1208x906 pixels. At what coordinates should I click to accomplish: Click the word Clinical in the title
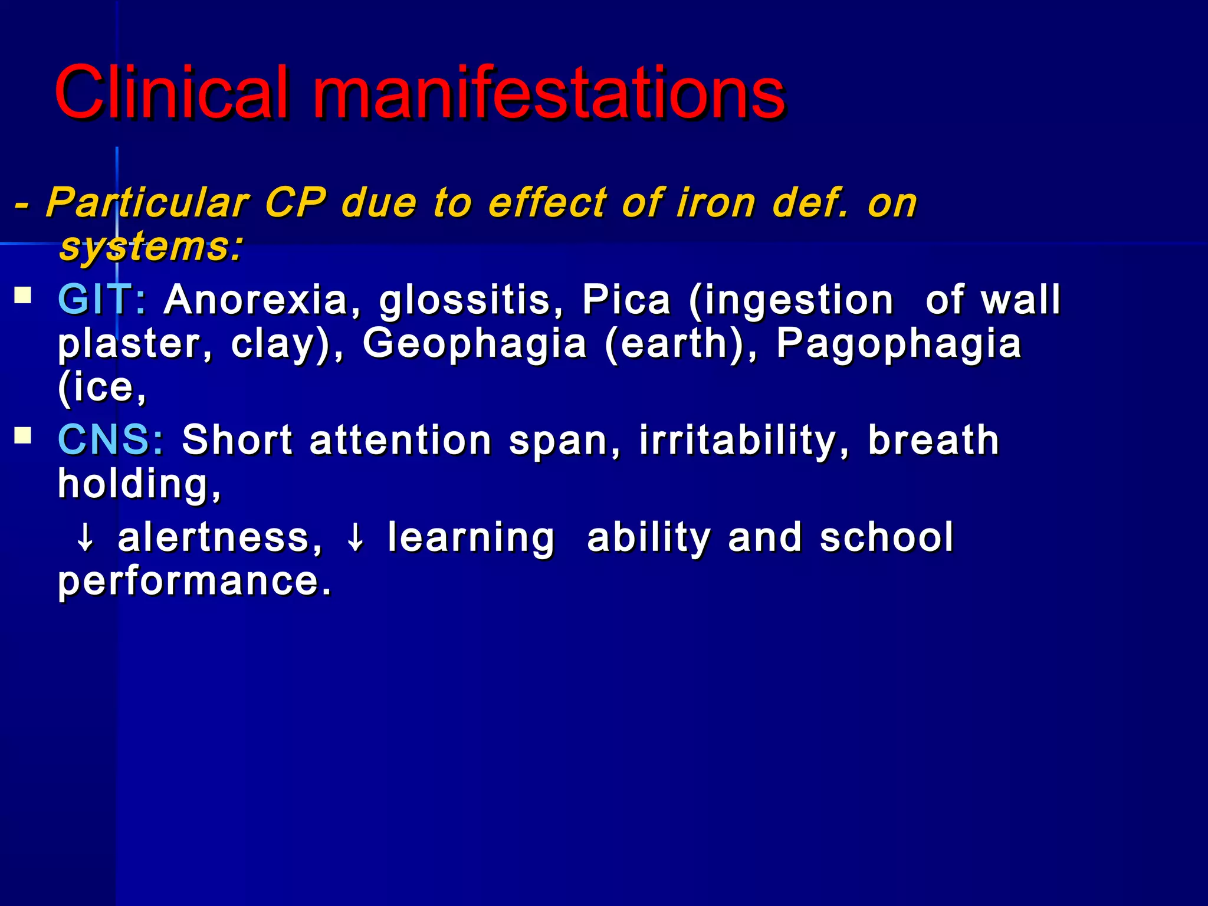pos(172,93)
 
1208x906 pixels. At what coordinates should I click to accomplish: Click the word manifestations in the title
pos(549,93)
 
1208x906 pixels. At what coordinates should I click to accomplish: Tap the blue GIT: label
pos(102,300)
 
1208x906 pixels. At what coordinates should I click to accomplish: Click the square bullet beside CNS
pos(23,435)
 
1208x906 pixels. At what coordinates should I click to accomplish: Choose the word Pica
pos(626,300)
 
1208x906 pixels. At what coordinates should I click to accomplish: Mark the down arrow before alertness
pos(86,538)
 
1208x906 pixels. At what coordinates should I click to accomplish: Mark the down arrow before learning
pos(356,538)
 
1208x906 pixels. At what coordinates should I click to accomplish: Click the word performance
pos(195,582)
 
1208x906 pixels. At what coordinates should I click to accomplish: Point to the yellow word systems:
pos(151,248)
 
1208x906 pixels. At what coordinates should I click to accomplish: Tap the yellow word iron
pos(716,203)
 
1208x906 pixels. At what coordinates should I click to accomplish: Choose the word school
pos(887,537)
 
